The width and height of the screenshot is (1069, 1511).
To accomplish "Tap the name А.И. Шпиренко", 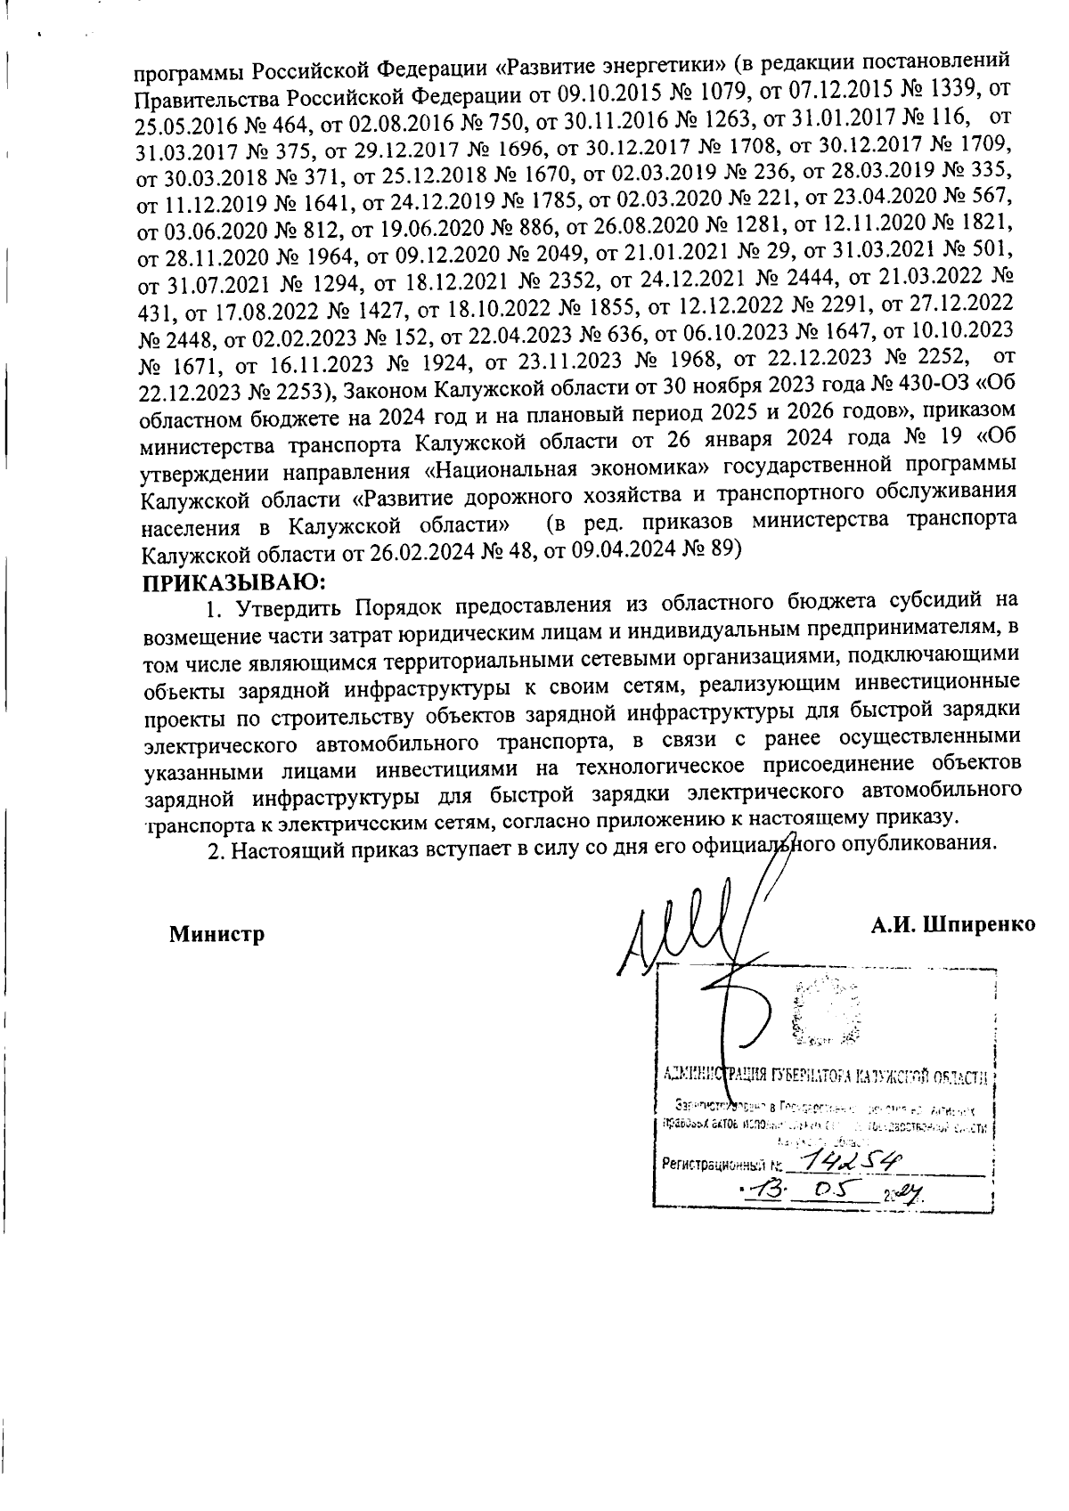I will (x=952, y=923).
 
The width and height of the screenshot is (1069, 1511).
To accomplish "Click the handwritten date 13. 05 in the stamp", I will (x=797, y=1192).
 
